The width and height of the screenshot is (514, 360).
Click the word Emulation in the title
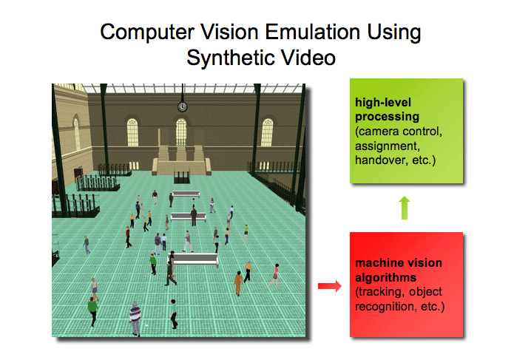click(313, 32)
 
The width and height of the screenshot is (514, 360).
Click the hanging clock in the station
click(182, 106)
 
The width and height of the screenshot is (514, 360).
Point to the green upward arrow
click(405, 208)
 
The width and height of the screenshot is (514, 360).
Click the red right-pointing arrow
click(329, 286)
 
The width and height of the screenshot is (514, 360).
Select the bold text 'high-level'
click(383, 103)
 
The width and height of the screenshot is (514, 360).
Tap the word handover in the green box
click(381, 160)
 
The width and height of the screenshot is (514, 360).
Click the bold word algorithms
click(386, 278)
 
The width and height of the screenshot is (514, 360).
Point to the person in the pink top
click(275, 275)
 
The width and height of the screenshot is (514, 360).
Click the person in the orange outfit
click(238, 283)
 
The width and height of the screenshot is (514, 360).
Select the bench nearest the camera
click(194, 259)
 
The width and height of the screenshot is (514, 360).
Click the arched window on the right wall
click(267, 132)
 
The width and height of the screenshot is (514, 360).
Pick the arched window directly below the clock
click(181, 132)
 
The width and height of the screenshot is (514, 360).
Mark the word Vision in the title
click(229, 32)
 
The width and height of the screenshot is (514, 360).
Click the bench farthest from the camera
click(186, 194)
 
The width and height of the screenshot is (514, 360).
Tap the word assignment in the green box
click(388, 146)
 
